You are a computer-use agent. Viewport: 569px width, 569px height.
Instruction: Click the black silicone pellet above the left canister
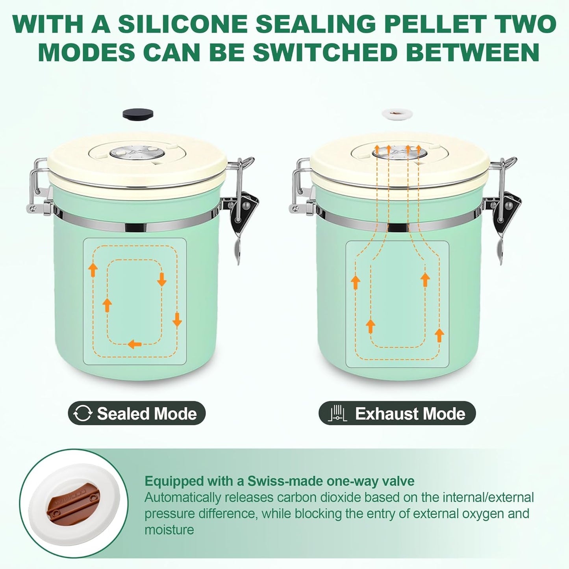(x=138, y=114)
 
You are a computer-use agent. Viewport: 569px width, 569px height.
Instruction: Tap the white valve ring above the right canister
(x=397, y=114)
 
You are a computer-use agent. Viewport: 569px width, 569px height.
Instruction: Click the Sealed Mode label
(x=146, y=413)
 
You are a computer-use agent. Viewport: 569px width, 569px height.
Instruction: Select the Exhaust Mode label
(x=410, y=413)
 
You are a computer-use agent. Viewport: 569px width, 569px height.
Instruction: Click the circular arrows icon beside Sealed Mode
(x=83, y=413)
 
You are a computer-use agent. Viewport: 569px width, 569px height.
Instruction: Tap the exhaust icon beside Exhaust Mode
(x=337, y=413)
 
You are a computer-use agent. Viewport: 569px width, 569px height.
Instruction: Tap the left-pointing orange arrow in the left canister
(x=135, y=344)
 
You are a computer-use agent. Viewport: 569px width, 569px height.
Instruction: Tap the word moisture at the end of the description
(x=169, y=530)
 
